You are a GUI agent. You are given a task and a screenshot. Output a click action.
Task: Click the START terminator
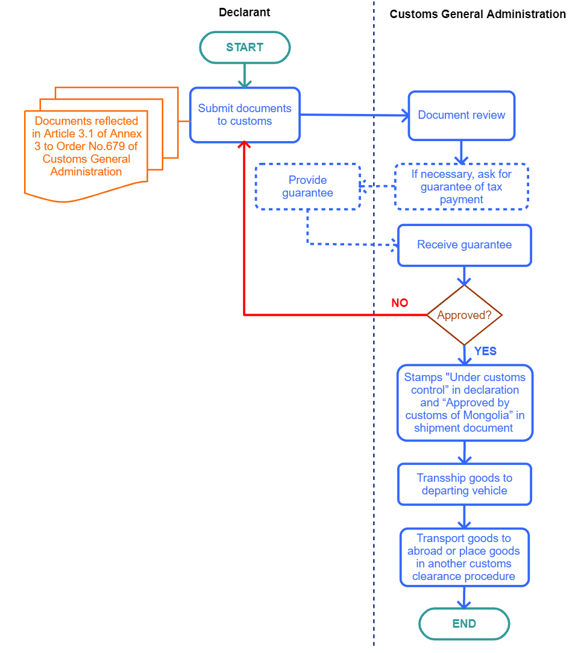(x=245, y=48)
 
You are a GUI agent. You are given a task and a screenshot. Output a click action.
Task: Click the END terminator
(x=464, y=623)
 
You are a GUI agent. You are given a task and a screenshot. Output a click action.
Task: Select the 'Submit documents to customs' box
(x=245, y=115)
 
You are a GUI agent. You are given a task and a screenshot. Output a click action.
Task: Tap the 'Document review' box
(x=462, y=115)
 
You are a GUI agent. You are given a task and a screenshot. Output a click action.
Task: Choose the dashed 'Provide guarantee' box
(x=307, y=186)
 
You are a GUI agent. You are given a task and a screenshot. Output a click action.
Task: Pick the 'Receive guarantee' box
(x=465, y=245)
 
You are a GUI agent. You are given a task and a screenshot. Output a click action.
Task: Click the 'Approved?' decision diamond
(x=465, y=315)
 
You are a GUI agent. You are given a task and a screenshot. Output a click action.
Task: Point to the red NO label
(x=400, y=303)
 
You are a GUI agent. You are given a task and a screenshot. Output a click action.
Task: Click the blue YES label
(x=485, y=351)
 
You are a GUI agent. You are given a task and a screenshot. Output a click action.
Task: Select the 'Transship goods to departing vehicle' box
(x=465, y=484)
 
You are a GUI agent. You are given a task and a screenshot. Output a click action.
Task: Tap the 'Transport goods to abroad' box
(x=464, y=557)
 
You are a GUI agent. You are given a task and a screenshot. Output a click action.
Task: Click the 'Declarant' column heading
(x=244, y=13)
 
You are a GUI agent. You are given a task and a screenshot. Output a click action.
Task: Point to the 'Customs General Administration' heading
(x=477, y=14)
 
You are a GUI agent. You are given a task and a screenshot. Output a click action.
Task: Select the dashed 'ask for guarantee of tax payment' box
(x=462, y=186)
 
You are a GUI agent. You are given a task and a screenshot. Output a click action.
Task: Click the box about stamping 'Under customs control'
(x=465, y=403)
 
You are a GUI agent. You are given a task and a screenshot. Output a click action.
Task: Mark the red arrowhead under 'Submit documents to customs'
(x=244, y=145)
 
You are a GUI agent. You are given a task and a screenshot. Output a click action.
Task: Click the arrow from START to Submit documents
(x=245, y=75)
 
